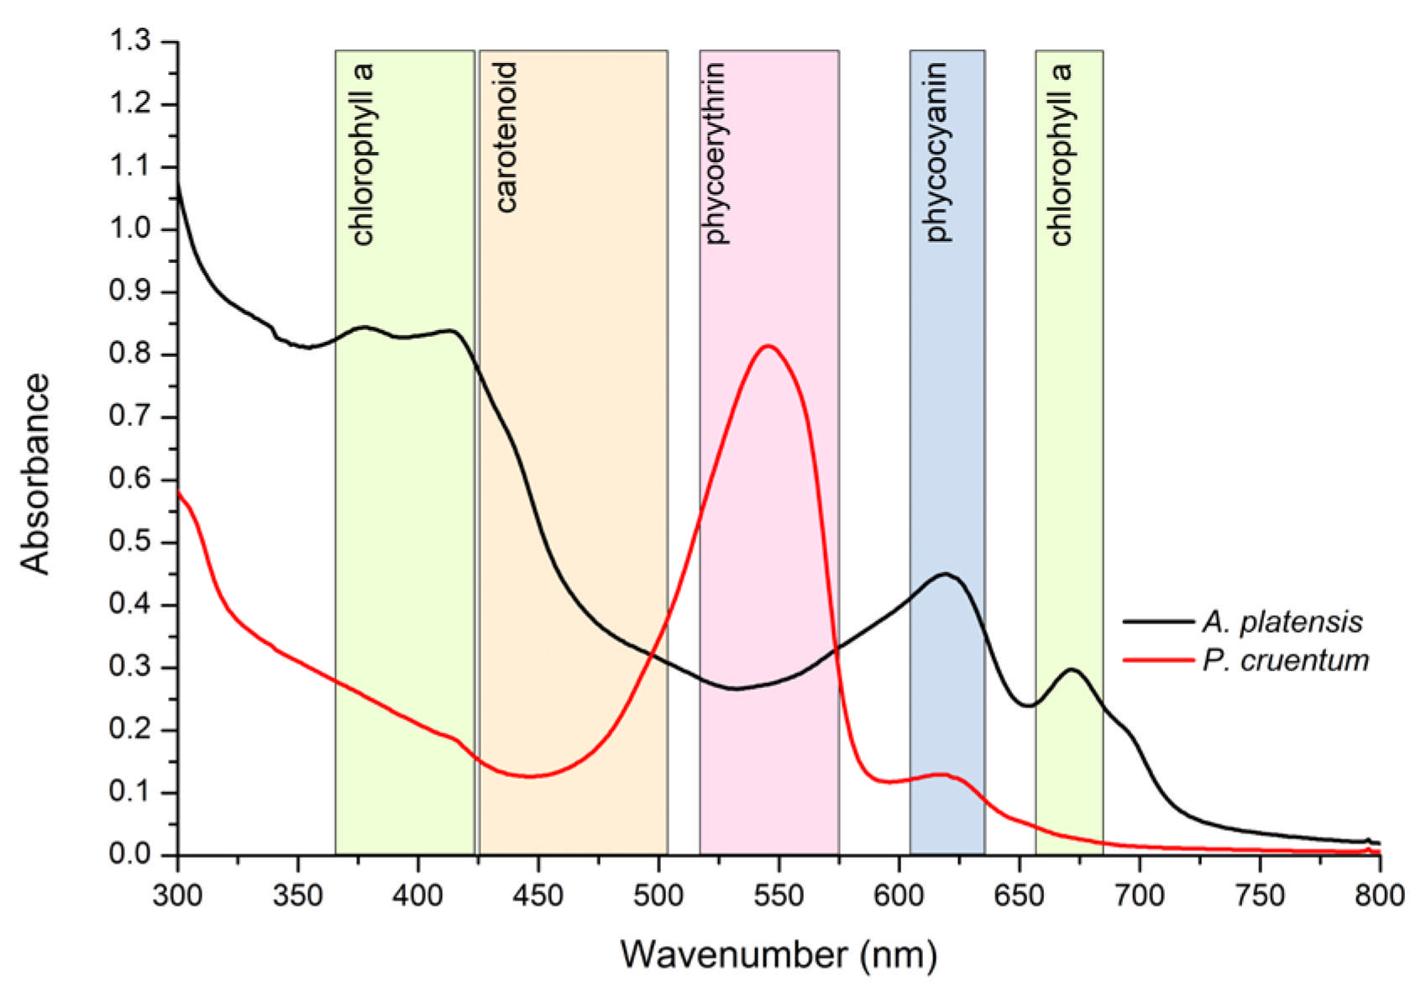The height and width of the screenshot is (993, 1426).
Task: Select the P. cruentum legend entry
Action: [x=1245, y=659]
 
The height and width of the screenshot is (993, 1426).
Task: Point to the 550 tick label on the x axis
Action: [x=779, y=896]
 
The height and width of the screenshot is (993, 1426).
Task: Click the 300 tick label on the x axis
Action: [x=177, y=896]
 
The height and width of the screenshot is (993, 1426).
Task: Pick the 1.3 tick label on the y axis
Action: [x=130, y=41]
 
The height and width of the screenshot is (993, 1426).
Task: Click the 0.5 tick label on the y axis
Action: [x=130, y=542]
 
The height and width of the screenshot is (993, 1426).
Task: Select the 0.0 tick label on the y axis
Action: [x=130, y=854]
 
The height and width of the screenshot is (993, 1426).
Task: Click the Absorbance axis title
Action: [x=34, y=474]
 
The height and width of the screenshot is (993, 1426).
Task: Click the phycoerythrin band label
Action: [x=716, y=154]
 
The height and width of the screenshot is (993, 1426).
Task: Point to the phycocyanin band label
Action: [x=936, y=152]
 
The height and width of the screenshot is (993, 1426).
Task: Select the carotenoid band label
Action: [x=506, y=138]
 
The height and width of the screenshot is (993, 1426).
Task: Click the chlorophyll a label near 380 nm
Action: [x=362, y=154]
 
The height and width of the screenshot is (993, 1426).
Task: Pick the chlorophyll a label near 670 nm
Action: [x=1061, y=154]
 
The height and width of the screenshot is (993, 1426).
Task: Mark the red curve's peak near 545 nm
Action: [x=768, y=346]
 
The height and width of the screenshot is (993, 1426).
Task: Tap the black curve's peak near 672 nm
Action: [x=1072, y=670]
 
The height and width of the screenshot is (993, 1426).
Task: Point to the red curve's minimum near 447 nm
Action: [x=531, y=776]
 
